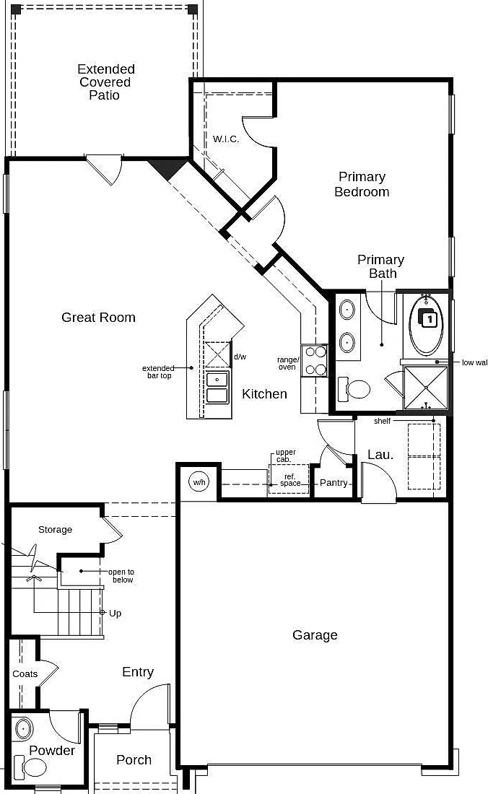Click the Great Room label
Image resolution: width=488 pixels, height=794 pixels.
98,318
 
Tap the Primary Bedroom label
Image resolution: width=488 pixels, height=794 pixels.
362,184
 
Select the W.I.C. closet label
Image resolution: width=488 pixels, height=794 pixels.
226,139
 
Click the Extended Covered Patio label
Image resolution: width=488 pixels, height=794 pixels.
106,82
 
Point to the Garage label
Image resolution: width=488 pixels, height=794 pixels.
315,635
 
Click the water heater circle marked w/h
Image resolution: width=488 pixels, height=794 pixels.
199,482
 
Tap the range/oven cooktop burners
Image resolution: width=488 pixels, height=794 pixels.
314,361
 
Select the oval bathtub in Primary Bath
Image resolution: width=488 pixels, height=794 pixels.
426,325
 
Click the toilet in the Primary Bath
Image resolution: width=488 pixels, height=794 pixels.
354,389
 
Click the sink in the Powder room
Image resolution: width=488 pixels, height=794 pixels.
23,729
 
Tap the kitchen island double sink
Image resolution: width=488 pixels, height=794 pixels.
217,388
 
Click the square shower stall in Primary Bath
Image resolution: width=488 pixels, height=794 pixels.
426,388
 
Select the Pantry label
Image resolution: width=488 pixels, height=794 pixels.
334,483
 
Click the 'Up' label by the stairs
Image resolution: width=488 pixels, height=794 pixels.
115,614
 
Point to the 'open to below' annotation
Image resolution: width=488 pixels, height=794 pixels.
121,576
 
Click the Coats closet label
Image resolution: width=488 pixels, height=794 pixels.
25,674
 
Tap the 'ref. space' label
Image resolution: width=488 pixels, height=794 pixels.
290,480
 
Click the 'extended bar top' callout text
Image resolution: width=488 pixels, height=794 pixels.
158,372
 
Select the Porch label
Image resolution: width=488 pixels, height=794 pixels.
134,760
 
